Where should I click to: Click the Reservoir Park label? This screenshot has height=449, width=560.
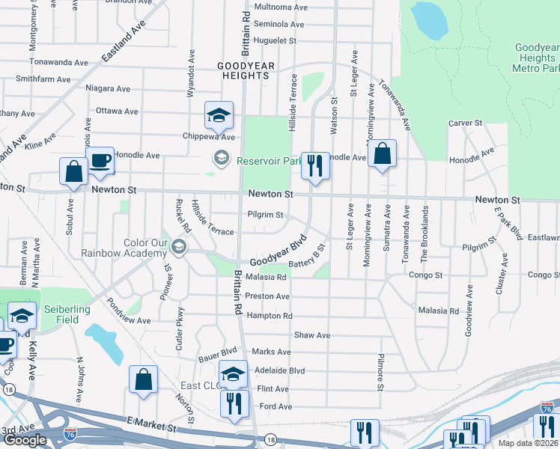pos(269,160)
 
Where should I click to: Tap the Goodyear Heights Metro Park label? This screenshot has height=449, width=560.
pos(536,58)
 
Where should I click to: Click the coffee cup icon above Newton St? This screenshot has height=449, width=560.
pos(100,159)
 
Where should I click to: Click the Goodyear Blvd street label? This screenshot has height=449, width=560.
pos(279,252)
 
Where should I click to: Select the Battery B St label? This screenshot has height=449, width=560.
pos(308,256)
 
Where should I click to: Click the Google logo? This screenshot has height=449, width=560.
pos(25,440)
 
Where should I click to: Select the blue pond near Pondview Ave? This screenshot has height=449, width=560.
pos(104,340)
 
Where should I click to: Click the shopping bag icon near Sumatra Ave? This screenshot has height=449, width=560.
pos(382,153)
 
